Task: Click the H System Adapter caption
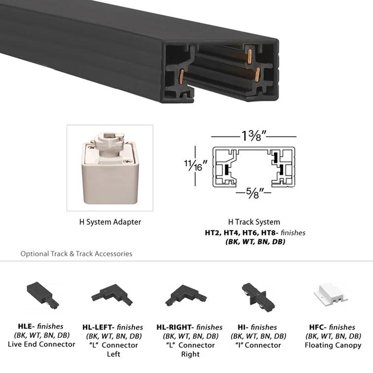point(110,222)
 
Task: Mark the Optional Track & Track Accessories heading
point(76,253)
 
